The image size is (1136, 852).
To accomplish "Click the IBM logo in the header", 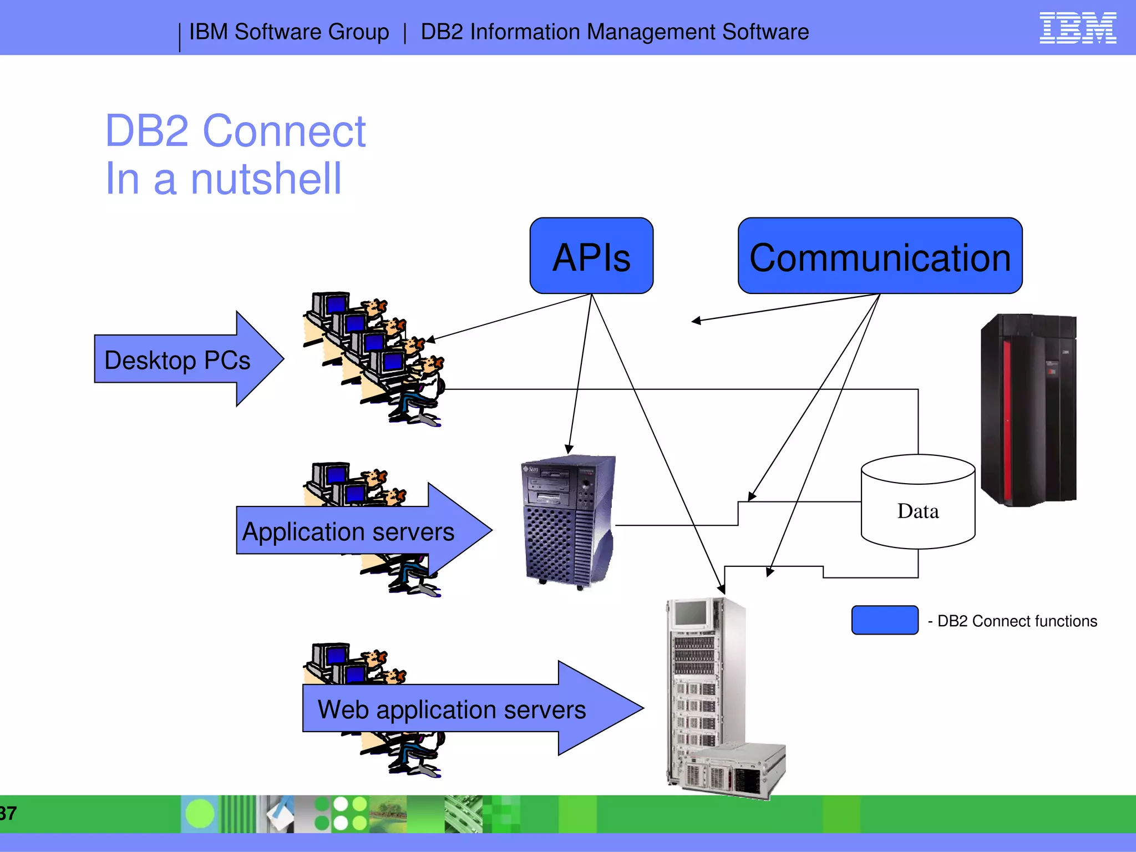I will [x=1077, y=28].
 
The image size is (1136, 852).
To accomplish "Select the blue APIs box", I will [x=591, y=256].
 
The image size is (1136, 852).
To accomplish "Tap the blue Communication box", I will [x=880, y=256].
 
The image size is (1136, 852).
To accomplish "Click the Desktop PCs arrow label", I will [x=177, y=360].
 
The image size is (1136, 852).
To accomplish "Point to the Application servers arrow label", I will [x=348, y=531].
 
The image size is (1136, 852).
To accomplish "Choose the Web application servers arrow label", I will [x=452, y=709].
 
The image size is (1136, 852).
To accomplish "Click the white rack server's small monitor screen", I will [x=691, y=613].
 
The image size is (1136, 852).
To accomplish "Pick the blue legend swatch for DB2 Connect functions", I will [x=885, y=620].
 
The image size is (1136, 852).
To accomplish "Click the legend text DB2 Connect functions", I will [x=1017, y=621].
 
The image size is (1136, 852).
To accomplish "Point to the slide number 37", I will [x=8, y=813].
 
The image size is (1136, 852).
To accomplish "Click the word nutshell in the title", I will [x=266, y=179].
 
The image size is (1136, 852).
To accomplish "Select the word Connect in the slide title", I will [x=284, y=131].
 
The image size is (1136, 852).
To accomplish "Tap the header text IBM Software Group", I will [x=289, y=32].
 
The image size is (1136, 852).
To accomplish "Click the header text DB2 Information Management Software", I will [x=615, y=32].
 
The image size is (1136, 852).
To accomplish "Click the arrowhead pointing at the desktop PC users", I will [x=430, y=339].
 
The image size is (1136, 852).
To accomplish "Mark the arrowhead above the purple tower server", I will [x=569, y=449].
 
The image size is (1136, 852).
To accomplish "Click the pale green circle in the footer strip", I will [x=200, y=814].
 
